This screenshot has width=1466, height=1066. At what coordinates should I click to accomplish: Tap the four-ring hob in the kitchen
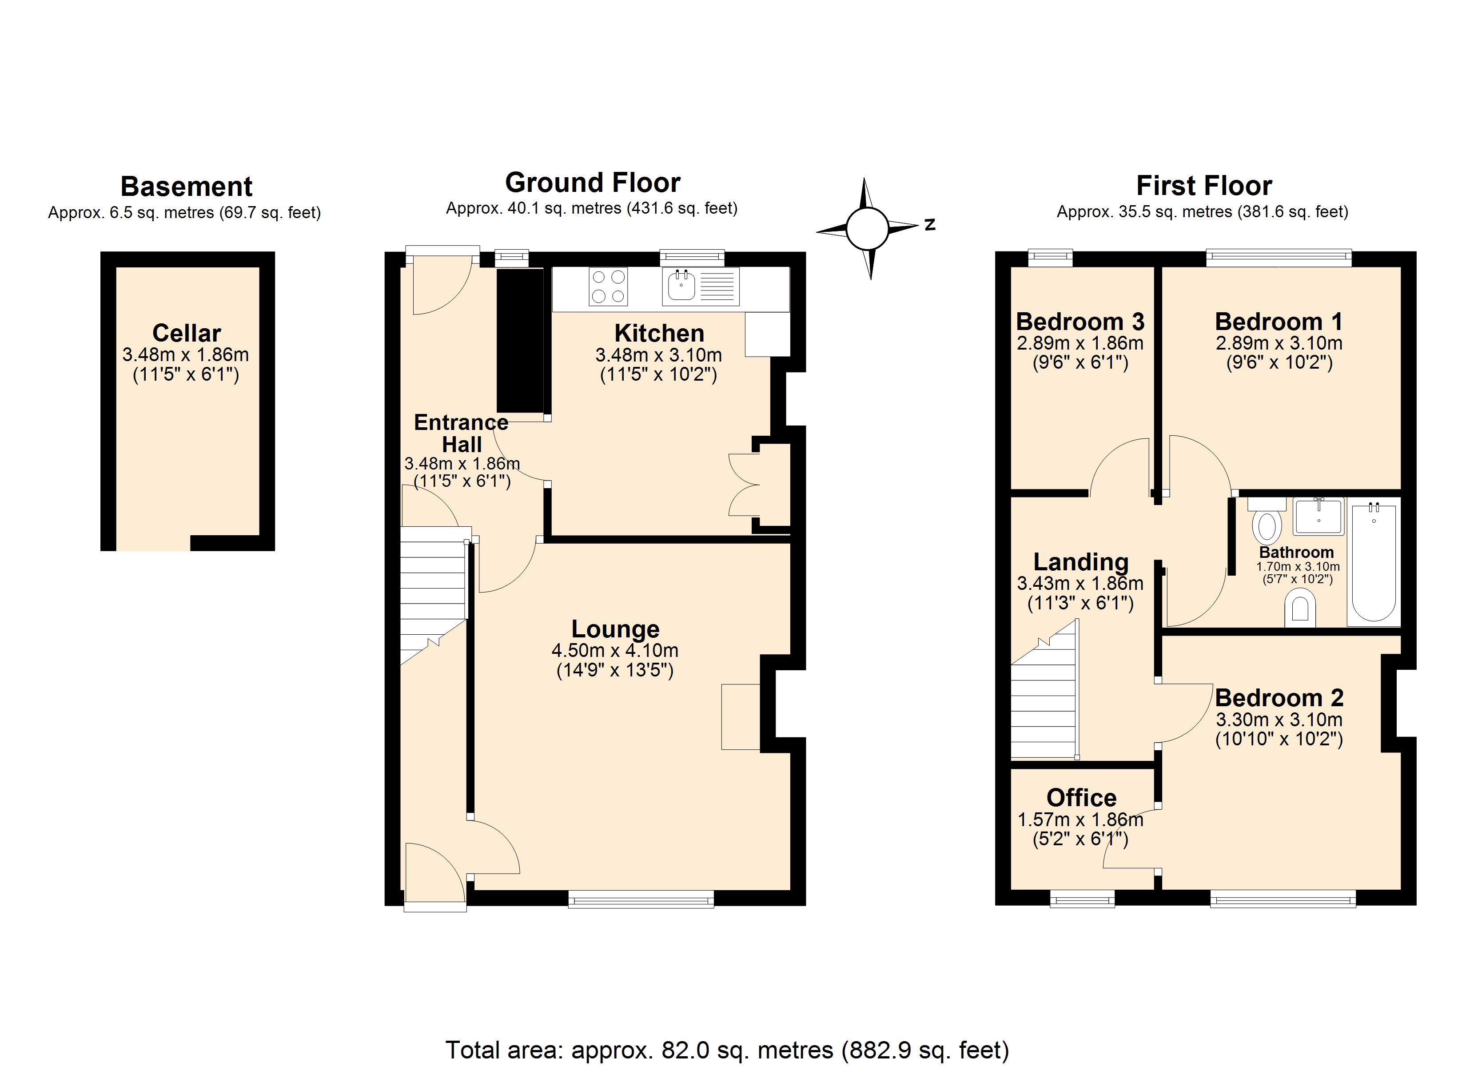(x=608, y=287)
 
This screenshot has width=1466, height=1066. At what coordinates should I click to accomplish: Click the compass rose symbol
(x=868, y=228)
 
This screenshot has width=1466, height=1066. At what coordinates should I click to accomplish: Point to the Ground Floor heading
(x=592, y=183)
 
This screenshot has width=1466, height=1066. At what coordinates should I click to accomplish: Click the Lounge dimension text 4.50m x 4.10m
(x=615, y=650)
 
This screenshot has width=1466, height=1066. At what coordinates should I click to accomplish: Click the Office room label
(x=1081, y=798)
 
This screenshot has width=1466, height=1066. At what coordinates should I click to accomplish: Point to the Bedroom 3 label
(x=1080, y=321)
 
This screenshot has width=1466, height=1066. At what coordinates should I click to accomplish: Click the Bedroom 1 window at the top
(x=1279, y=258)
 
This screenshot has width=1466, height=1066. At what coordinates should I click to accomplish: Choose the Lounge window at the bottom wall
(x=641, y=899)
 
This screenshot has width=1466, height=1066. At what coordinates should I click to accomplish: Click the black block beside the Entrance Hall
(x=520, y=340)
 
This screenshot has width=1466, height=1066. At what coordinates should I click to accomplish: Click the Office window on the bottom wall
(x=1082, y=899)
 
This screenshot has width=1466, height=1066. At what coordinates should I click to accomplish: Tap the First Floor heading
(x=1203, y=186)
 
